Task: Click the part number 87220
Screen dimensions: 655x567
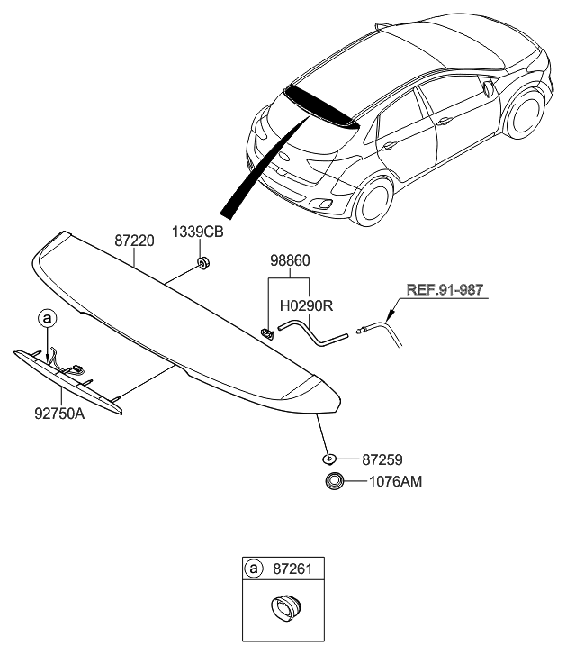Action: [x=134, y=242]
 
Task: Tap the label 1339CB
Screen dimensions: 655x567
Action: [x=198, y=232]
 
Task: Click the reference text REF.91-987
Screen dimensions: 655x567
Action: [x=445, y=290]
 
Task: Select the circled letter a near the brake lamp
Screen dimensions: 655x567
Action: [x=46, y=317]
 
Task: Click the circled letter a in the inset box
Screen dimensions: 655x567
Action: [x=254, y=569]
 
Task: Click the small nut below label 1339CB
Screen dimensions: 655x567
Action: [x=204, y=262]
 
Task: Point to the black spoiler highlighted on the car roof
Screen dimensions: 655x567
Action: [x=315, y=103]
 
